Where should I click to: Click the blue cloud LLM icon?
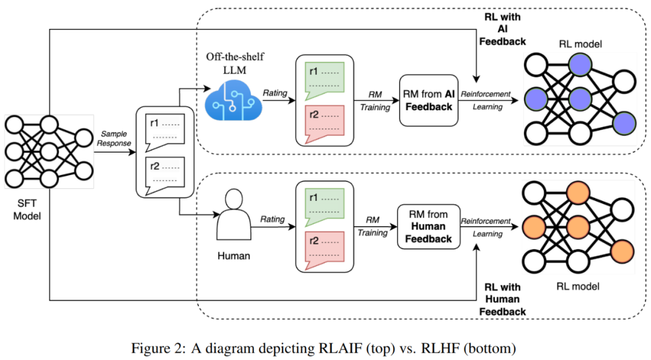[x=232, y=99]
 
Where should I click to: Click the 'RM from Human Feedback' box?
[x=428, y=226]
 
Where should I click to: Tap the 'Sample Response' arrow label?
[x=115, y=138]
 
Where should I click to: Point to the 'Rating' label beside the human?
[x=272, y=219]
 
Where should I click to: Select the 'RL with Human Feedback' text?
[x=503, y=299]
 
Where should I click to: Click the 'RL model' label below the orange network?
[x=579, y=286]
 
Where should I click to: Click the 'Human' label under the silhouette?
[x=233, y=256]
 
